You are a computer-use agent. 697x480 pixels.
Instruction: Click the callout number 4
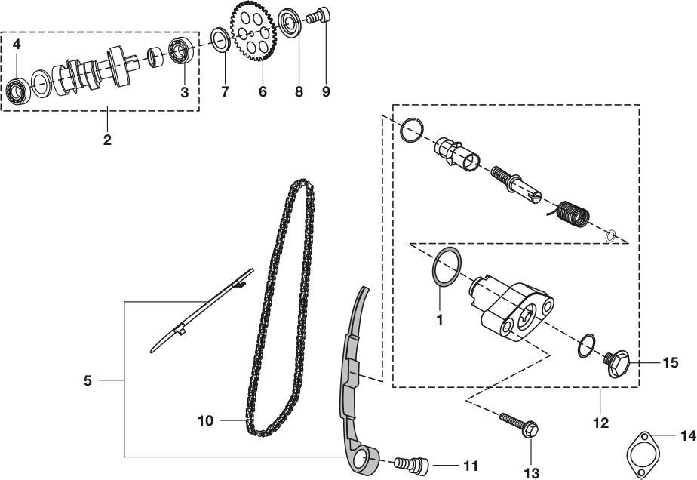[17, 45]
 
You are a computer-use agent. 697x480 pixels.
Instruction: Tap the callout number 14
[688, 435]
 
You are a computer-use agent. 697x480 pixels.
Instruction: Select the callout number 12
[600, 423]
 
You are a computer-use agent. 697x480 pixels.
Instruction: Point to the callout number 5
[88, 381]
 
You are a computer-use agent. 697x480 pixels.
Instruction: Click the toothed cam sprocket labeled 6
[253, 31]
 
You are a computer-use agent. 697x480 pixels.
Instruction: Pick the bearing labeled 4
[18, 91]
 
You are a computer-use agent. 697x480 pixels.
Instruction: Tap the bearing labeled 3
[181, 51]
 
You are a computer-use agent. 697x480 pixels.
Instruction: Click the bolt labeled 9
[318, 16]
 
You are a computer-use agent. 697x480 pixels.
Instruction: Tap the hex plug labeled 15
[618, 363]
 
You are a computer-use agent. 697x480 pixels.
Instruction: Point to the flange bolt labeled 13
[519, 424]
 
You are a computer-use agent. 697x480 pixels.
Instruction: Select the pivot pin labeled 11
[411, 465]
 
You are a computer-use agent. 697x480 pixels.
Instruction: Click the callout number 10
[205, 421]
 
